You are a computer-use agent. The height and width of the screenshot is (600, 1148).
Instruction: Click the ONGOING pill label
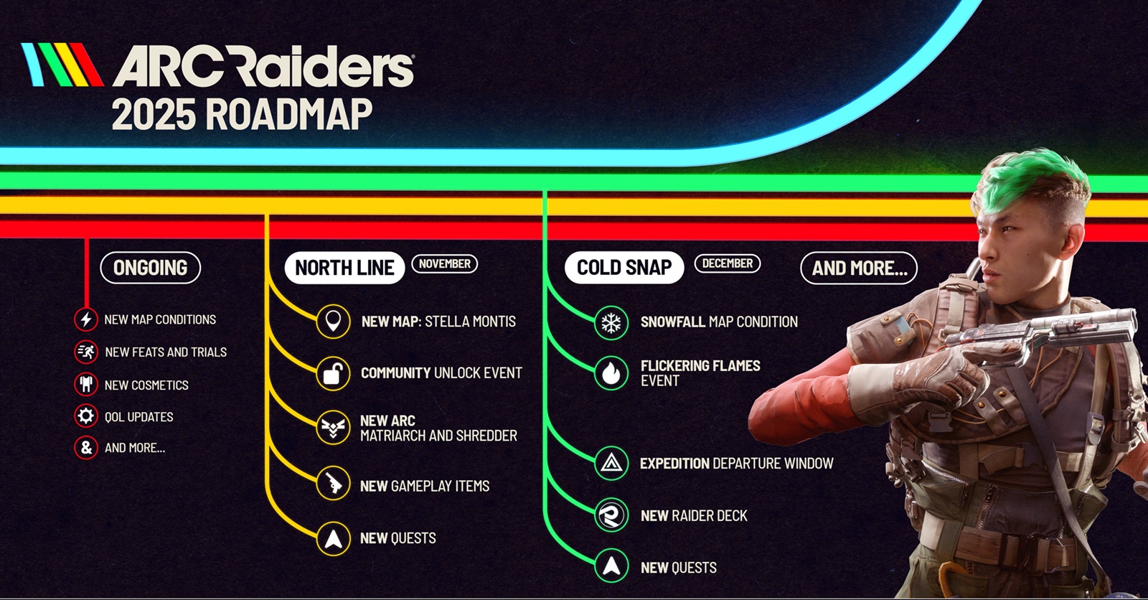(x=150, y=268)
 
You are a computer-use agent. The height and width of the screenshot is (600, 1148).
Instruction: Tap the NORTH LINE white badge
(x=344, y=268)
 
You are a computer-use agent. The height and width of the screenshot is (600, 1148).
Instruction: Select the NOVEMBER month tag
(x=445, y=263)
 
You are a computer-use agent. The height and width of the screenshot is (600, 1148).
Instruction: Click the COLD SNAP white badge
(x=624, y=268)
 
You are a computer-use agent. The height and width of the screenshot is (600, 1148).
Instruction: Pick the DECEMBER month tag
(x=727, y=263)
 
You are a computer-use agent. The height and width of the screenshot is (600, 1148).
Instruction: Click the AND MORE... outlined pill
(x=859, y=268)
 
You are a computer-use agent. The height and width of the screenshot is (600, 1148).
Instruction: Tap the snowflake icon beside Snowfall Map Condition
(x=611, y=322)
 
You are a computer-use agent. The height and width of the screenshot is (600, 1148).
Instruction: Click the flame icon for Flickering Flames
(x=611, y=372)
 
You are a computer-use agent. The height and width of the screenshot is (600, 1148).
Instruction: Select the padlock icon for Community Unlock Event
(x=333, y=373)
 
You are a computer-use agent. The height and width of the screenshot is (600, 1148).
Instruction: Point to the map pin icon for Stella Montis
(x=333, y=321)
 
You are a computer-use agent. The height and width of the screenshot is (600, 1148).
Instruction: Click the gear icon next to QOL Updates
(x=86, y=416)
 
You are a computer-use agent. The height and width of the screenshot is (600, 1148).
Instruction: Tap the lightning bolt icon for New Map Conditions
(x=86, y=319)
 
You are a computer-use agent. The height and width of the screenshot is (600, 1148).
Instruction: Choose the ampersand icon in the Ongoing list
(x=86, y=448)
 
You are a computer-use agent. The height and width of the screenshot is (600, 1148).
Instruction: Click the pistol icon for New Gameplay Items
(x=333, y=484)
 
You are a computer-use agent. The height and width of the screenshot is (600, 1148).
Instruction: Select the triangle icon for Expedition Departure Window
(x=611, y=464)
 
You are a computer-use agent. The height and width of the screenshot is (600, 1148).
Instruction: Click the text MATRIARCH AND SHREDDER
(x=438, y=436)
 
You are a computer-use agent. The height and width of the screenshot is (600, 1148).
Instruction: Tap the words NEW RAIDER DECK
(x=694, y=515)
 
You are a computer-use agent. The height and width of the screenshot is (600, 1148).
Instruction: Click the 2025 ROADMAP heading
(x=242, y=115)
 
